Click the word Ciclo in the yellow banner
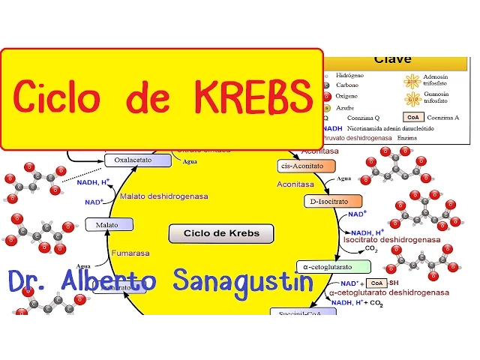(x=58, y=97)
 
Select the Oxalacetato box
(x=127, y=160)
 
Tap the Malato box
(x=109, y=224)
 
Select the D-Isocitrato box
(x=331, y=201)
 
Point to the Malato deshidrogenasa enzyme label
(x=164, y=196)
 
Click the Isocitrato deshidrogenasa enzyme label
(x=391, y=240)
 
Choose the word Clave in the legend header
(x=393, y=58)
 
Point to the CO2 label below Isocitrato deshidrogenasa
(x=370, y=248)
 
